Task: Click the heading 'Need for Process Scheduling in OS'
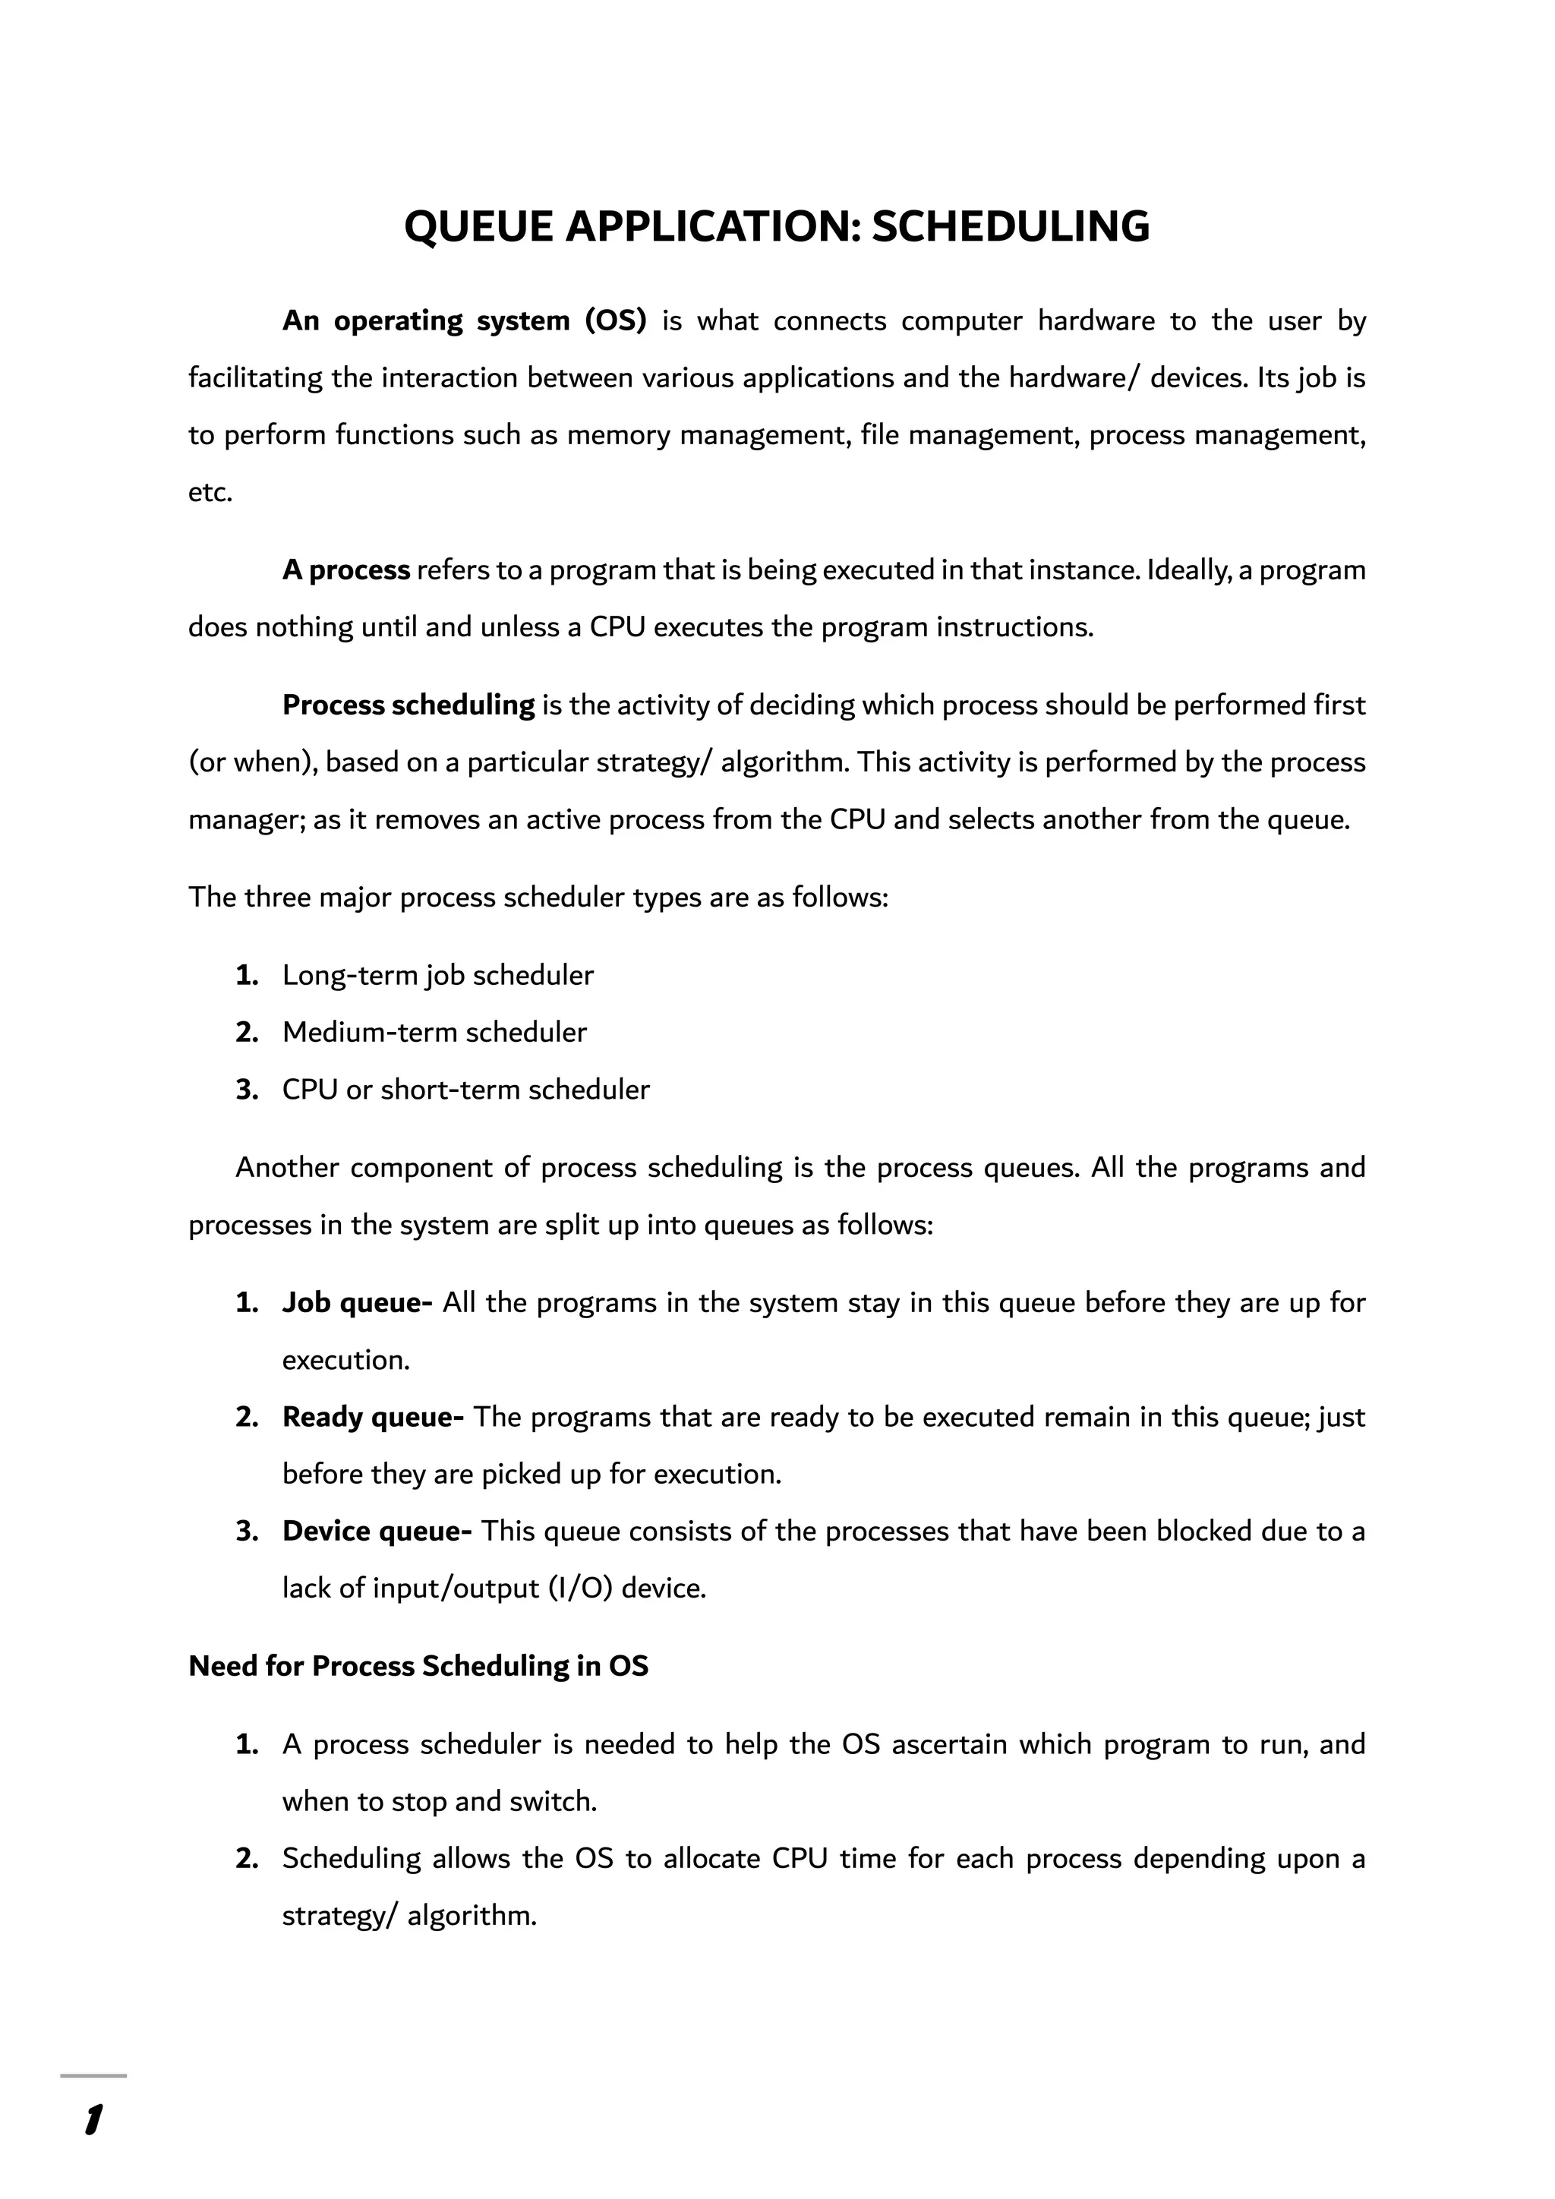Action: click(418, 1667)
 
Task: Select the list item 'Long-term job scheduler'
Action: click(437, 976)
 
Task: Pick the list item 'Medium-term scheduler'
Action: click(434, 1033)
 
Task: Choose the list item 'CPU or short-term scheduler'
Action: click(465, 1090)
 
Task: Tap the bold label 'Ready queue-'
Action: click(373, 1418)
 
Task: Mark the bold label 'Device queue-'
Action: click(377, 1532)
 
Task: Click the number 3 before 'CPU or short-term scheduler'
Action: click(246, 1090)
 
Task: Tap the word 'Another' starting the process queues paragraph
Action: click(286, 1169)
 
